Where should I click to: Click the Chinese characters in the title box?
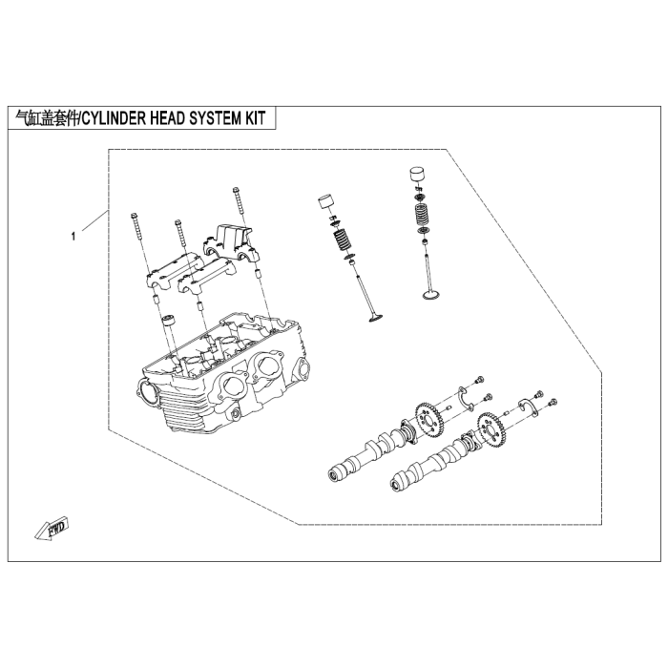click(x=47, y=118)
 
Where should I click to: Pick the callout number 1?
click(x=73, y=236)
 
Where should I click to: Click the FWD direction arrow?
click(x=52, y=529)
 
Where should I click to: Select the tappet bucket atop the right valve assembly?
click(x=417, y=175)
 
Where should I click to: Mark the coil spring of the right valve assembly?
click(x=422, y=215)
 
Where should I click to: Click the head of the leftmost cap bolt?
click(x=134, y=215)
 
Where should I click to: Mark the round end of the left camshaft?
click(x=334, y=474)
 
